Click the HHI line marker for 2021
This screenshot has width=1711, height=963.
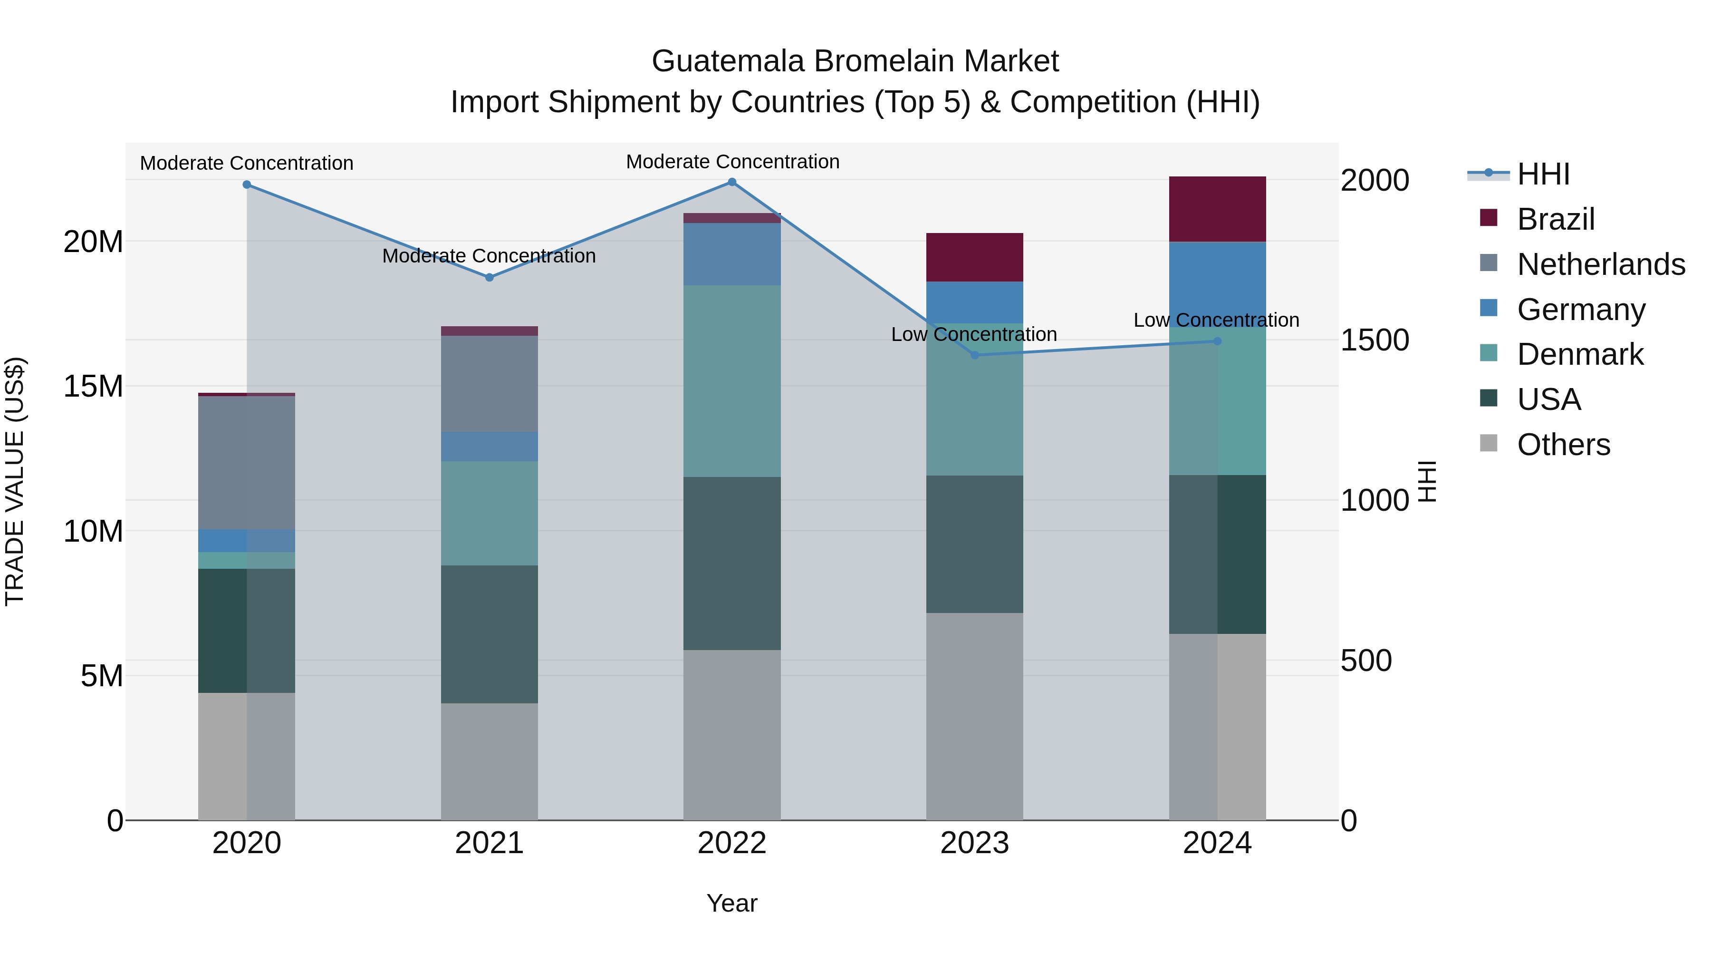(x=489, y=277)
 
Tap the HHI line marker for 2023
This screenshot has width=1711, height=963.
(x=974, y=355)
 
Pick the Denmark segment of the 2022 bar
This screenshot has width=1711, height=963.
(x=732, y=381)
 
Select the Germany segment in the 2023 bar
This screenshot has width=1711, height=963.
(x=974, y=302)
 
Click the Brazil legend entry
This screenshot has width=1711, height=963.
(x=1555, y=219)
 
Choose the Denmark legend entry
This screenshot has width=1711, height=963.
(x=1579, y=354)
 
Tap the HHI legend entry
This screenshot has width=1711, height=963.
(x=1543, y=174)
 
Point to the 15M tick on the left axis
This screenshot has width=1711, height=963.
(x=93, y=386)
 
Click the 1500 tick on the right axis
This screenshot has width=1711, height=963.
(x=1374, y=340)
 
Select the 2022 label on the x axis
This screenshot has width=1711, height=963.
(x=732, y=843)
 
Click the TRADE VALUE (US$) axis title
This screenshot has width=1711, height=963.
(x=15, y=481)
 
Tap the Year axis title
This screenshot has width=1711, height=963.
(x=732, y=903)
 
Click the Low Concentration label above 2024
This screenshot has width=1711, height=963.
(x=1216, y=321)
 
